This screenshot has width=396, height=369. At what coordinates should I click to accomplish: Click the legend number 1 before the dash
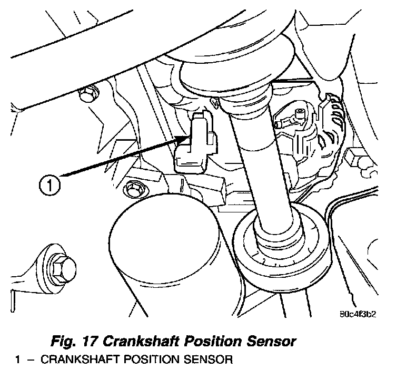click(17, 362)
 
